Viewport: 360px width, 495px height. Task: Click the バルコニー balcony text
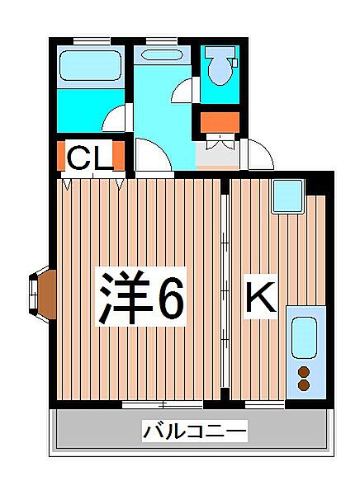click(195, 431)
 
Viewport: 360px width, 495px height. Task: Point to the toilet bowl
click(220, 65)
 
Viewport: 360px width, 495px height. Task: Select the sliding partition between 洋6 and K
click(225, 289)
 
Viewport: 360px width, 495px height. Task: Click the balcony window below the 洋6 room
click(162, 404)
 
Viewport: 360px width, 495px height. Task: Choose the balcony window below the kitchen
click(264, 404)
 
